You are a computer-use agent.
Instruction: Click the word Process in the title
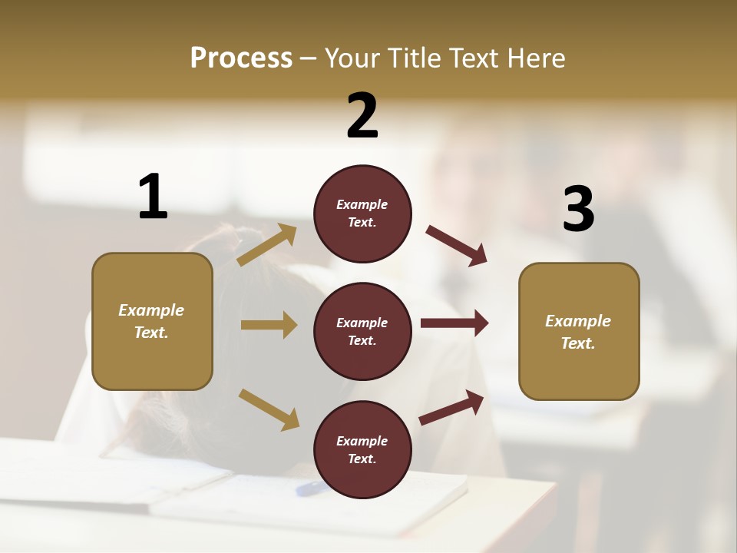click(x=241, y=58)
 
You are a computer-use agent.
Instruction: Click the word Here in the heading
click(x=531, y=58)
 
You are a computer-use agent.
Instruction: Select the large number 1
click(x=153, y=197)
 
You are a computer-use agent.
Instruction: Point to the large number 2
click(x=362, y=116)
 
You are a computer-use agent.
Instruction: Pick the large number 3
click(x=578, y=210)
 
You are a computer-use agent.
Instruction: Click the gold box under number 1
click(x=152, y=321)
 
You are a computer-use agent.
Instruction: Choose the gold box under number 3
click(x=579, y=332)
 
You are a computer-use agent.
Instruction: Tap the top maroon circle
click(x=362, y=214)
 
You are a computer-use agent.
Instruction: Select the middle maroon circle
click(x=362, y=332)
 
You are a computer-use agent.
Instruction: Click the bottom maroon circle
click(x=362, y=449)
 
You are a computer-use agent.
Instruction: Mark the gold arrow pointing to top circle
click(x=267, y=245)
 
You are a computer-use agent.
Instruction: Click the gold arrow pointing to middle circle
click(x=269, y=325)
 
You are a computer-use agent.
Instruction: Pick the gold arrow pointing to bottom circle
click(x=269, y=409)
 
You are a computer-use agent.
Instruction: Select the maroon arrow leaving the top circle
click(x=457, y=246)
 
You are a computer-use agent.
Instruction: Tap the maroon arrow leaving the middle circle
click(x=454, y=323)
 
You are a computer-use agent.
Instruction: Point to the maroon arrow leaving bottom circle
click(x=452, y=407)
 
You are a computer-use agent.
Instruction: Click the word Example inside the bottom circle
click(x=362, y=441)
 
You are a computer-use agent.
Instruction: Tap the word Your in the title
click(x=349, y=58)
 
